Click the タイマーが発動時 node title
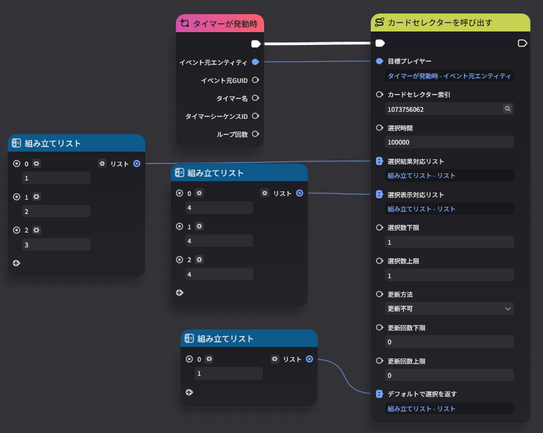tap(225, 24)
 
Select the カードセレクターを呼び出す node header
tap(450, 22)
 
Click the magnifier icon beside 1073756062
tap(507, 109)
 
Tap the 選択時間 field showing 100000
tap(449, 142)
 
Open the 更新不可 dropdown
tap(449, 308)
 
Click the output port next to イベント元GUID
tap(256, 80)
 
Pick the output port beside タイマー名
tap(256, 98)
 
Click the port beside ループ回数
tap(256, 134)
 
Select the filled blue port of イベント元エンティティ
tap(256, 62)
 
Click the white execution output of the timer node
tap(256, 44)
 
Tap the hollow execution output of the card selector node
tap(522, 43)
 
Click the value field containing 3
tap(56, 245)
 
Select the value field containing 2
tap(56, 211)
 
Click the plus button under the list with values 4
tap(179, 293)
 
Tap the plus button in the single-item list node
tap(189, 392)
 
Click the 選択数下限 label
tap(403, 228)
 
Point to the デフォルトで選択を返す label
tap(422, 394)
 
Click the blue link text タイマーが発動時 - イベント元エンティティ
tap(449, 76)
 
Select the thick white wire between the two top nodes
tap(317, 44)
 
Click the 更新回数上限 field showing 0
tap(449, 375)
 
